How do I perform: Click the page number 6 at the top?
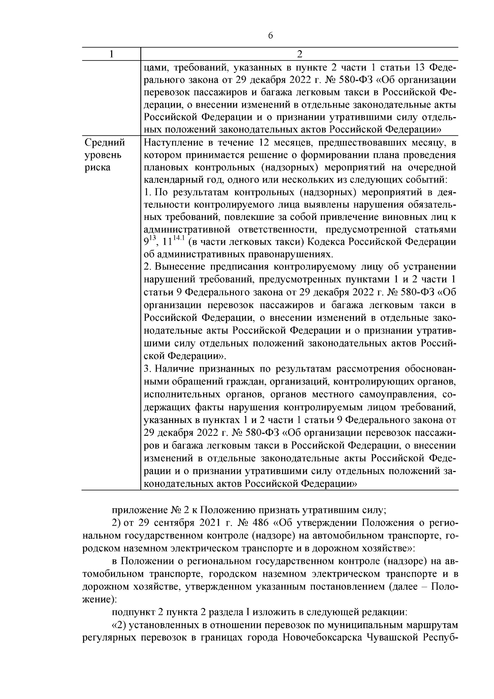coord(270,35)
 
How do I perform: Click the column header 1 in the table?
coord(111,54)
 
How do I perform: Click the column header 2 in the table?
coord(299,54)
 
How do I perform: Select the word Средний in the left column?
coord(105,143)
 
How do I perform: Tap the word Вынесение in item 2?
coord(182,267)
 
